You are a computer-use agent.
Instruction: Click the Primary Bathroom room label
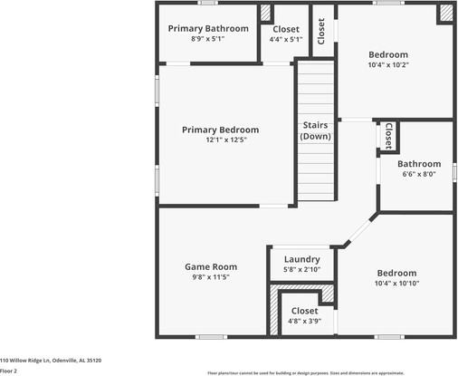[x=208, y=28]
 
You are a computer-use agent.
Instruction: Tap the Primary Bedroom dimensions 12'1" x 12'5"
[x=220, y=140]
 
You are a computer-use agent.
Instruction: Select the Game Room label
[x=211, y=266]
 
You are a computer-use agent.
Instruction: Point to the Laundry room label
[x=301, y=259]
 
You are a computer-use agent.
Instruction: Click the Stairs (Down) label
[x=316, y=130]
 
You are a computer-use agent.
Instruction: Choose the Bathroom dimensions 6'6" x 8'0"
[x=419, y=174]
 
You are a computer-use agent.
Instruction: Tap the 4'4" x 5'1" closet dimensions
[x=286, y=40]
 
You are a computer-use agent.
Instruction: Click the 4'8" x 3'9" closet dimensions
[x=304, y=321]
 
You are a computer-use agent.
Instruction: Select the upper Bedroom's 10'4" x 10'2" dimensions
[x=387, y=65]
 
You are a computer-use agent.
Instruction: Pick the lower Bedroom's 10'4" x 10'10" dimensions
[x=396, y=284]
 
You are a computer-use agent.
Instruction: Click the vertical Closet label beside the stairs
[x=321, y=32]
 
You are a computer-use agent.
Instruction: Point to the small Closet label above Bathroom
[x=387, y=135]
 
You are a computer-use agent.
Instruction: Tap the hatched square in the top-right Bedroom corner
[x=445, y=13]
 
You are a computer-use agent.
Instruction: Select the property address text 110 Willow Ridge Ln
[x=51, y=361]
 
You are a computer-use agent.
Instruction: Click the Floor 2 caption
[x=9, y=371]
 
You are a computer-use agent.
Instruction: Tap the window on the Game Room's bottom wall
[x=211, y=337]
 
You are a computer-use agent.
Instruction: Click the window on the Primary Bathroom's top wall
[x=208, y=3]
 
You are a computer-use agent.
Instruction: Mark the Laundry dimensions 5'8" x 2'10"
[x=301, y=270]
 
